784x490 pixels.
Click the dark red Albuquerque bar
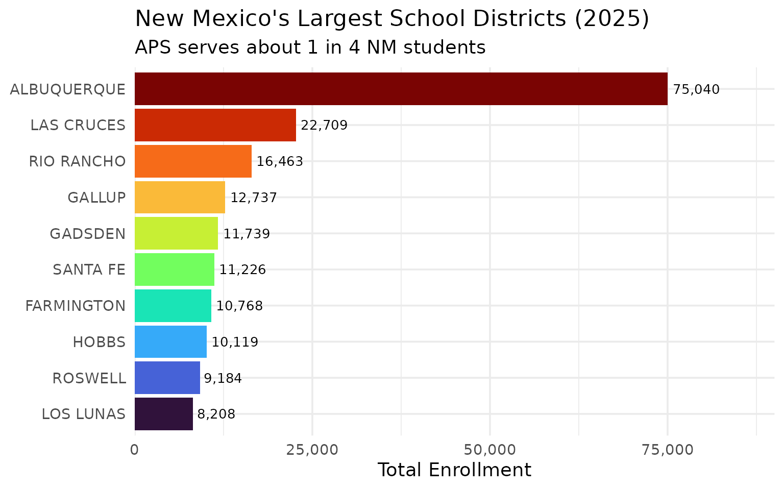click(x=401, y=89)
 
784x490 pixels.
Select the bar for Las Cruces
click(x=215, y=125)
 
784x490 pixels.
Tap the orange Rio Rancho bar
click(x=193, y=161)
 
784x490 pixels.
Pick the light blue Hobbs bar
click(x=170, y=342)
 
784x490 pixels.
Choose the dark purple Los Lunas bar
click(x=163, y=414)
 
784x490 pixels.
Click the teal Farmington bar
click(x=173, y=306)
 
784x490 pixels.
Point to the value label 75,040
click(x=696, y=90)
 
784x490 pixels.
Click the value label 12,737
click(x=254, y=198)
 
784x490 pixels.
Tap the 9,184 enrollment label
click(x=223, y=379)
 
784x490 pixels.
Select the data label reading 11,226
click(x=242, y=270)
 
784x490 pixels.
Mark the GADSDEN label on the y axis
click(x=87, y=234)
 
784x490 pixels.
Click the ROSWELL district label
click(x=89, y=378)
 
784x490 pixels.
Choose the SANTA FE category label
click(x=89, y=269)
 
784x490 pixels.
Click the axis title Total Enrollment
click(x=454, y=470)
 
